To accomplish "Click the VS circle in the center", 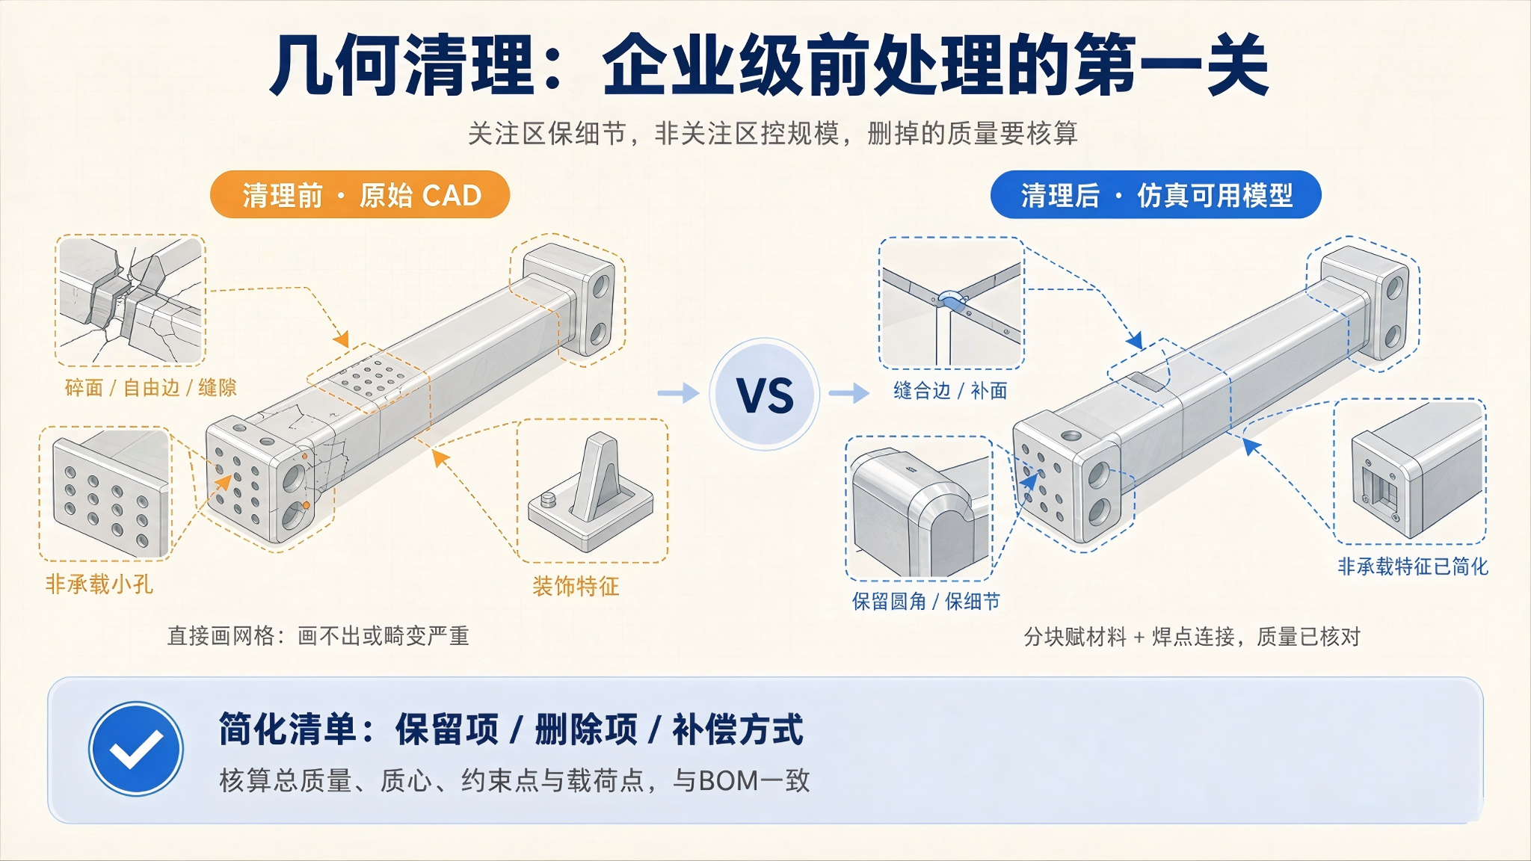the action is [764, 394].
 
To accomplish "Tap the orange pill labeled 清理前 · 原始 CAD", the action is [360, 195].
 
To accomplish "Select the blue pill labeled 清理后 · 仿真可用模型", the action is [1156, 195].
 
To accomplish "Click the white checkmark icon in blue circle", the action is [136, 748].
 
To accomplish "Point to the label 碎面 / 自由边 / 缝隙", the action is [150, 387].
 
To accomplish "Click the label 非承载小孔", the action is [99, 584].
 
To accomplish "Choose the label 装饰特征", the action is [576, 586].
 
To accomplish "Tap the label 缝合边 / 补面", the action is [950, 390].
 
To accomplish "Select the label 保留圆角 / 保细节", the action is [925, 601].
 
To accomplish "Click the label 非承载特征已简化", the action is [1413, 567].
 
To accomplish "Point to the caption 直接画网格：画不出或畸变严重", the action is [318, 636].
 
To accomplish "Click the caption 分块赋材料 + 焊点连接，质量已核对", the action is [1192, 637].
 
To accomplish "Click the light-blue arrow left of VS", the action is [678, 392].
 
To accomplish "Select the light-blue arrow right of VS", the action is [849, 392].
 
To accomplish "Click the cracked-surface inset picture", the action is [131, 300].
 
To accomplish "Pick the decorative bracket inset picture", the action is [592, 490].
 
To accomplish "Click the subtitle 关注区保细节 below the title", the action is [547, 134].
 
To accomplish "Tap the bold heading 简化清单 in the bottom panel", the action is [287, 729].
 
